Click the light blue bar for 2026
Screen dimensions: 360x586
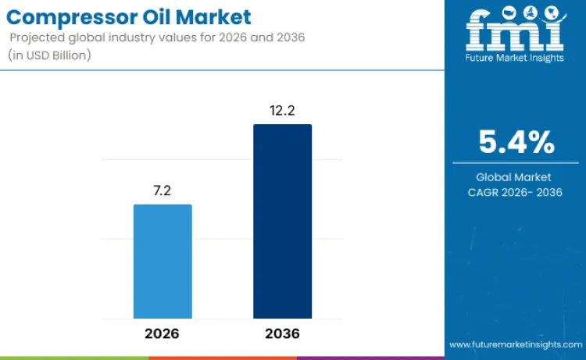pyautogui.click(x=163, y=262)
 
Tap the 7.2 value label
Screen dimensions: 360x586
pyautogui.click(x=163, y=191)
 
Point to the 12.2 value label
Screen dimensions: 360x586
pyautogui.click(x=282, y=110)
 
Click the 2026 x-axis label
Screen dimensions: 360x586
pyautogui.click(x=162, y=333)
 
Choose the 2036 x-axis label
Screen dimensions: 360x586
pyautogui.click(x=282, y=333)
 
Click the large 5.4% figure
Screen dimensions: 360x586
pyautogui.click(x=516, y=143)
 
